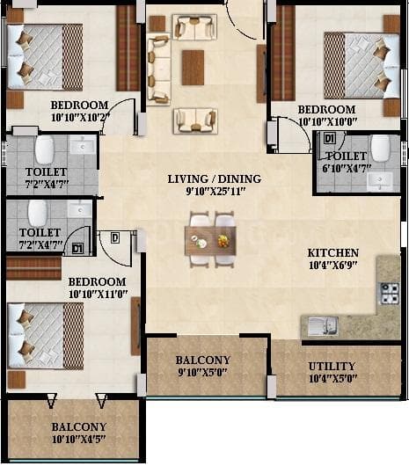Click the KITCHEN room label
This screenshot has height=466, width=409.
332,251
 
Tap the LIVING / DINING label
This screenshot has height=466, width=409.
215,178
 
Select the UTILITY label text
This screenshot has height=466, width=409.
332,366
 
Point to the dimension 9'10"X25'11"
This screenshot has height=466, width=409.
215,192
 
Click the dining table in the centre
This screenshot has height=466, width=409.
210,239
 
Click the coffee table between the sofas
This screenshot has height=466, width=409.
193,67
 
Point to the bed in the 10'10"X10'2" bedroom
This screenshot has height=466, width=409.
44,56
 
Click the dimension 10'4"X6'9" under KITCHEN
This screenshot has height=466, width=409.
332,265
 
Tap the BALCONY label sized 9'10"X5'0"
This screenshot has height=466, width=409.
203,360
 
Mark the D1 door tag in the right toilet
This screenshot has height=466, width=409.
329,139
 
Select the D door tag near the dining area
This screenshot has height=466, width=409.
115,236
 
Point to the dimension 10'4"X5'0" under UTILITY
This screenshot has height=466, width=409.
332,379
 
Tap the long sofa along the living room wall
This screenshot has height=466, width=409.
158,68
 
